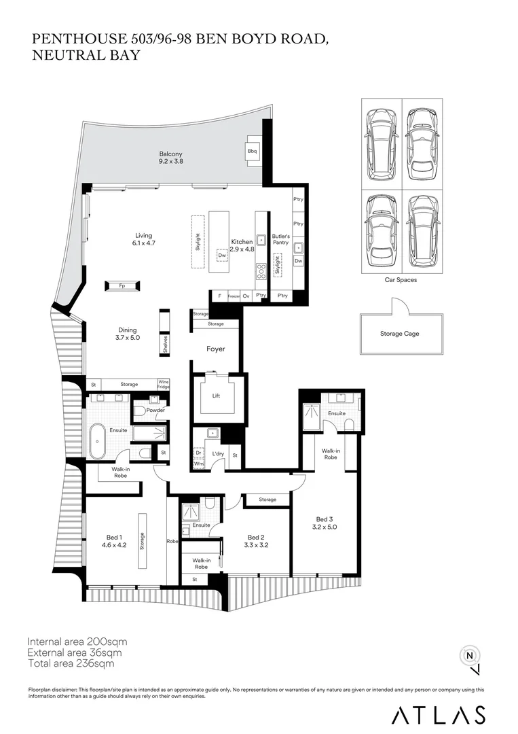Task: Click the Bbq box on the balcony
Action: pyautogui.click(x=253, y=151)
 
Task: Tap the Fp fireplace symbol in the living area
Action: pyautogui.click(x=122, y=286)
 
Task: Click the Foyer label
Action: pyautogui.click(x=216, y=349)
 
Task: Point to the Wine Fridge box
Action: pyautogui.click(x=164, y=384)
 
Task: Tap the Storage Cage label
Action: pyautogui.click(x=400, y=334)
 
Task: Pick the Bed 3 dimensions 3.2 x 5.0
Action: pyautogui.click(x=325, y=527)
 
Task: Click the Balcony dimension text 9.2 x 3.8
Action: pyautogui.click(x=171, y=162)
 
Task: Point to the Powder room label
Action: pyautogui.click(x=155, y=410)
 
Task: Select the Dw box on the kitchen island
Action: pyautogui.click(x=222, y=256)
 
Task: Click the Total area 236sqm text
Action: pyautogui.click(x=71, y=663)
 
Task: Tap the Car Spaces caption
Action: pyautogui.click(x=401, y=279)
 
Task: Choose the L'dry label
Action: pyautogui.click(x=218, y=453)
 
